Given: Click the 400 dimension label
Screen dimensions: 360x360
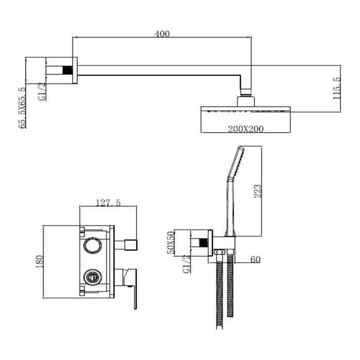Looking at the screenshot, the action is point(162,34).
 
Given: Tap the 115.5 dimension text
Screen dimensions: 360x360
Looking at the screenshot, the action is point(337,88).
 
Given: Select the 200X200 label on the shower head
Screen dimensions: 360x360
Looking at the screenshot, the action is point(245,129).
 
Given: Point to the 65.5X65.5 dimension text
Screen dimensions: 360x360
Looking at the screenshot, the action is point(22,107).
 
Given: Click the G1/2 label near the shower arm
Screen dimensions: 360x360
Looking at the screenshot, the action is point(42,92).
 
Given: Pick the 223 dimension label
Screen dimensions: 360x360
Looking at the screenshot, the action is point(258,191).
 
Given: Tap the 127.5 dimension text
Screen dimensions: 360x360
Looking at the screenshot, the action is point(108,203).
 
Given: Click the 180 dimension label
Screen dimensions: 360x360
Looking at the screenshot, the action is point(39,261).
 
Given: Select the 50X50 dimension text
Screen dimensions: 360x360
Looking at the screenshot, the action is point(171,242).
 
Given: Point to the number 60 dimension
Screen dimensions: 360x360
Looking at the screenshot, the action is point(255,259).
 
